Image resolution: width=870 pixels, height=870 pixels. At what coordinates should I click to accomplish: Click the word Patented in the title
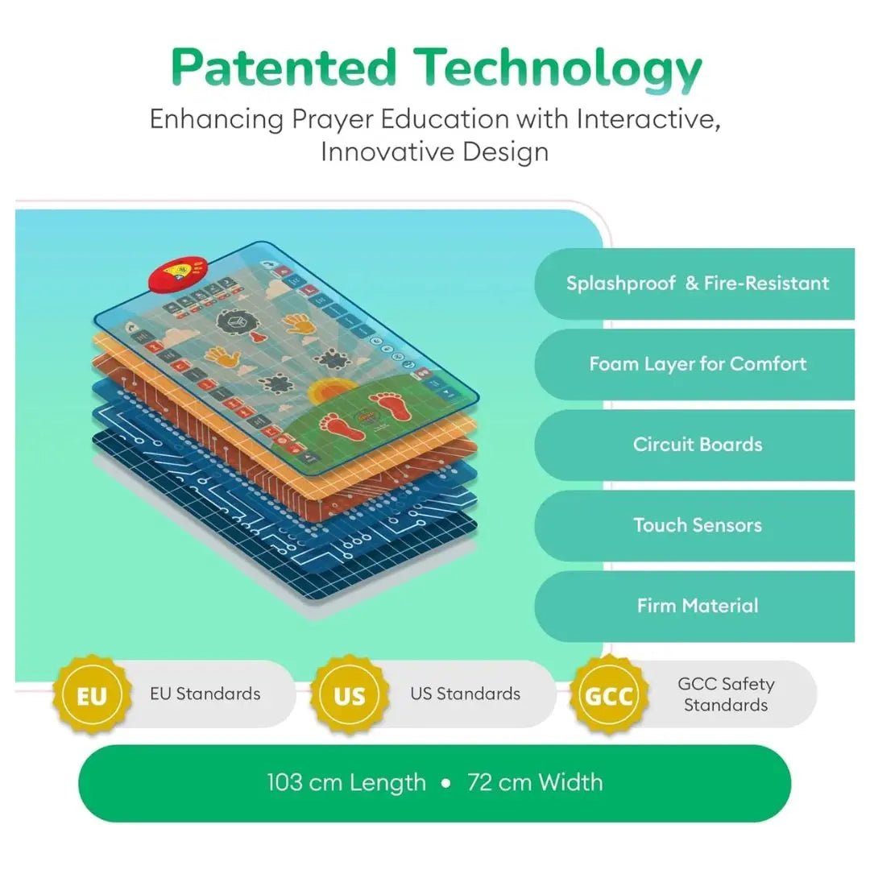pyautogui.click(x=284, y=68)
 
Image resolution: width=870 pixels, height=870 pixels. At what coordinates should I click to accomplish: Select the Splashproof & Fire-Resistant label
pyautogui.click(x=698, y=284)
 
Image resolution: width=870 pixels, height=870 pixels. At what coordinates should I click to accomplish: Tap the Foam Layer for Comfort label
pyautogui.click(x=698, y=364)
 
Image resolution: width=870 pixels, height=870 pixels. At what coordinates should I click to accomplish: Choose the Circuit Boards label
pyautogui.click(x=698, y=445)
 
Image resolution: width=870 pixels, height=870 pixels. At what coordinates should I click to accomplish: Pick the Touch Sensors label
pyautogui.click(x=698, y=525)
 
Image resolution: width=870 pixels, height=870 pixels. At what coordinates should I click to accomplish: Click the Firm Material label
pyautogui.click(x=698, y=605)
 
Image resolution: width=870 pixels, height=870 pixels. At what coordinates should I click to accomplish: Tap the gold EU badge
pyautogui.click(x=92, y=694)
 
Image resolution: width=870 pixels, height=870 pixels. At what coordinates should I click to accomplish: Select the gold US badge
pyautogui.click(x=349, y=694)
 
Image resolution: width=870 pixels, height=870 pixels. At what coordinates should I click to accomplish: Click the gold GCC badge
pyautogui.click(x=609, y=694)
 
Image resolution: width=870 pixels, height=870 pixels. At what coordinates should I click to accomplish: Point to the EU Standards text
pyautogui.click(x=205, y=694)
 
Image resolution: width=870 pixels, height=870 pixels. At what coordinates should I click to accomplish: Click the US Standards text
pyautogui.click(x=465, y=694)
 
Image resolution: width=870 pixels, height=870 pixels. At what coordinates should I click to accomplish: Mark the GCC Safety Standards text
pyautogui.click(x=726, y=694)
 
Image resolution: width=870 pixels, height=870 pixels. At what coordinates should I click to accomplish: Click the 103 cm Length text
pyautogui.click(x=346, y=782)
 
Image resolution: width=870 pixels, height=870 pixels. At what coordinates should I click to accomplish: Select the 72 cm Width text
pyautogui.click(x=535, y=782)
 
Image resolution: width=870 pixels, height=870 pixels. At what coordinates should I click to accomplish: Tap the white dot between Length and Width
pyautogui.click(x=446, y=784)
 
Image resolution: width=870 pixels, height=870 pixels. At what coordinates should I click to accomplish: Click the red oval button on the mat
pyautogui.click(x=178, y=273)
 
